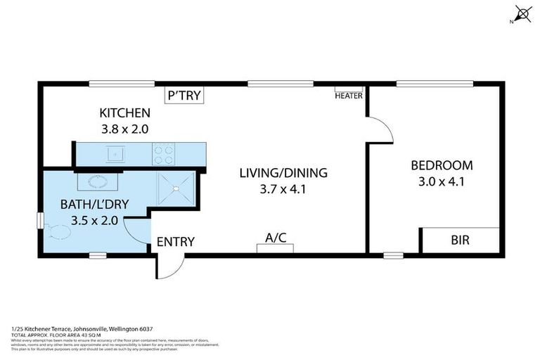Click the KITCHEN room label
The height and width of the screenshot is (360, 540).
[x=124, y=112]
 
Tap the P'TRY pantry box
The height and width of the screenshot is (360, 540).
[x=184, y=96]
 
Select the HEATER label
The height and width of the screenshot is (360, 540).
[x=348, y=96]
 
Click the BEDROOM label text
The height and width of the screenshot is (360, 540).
[x=442, y=166]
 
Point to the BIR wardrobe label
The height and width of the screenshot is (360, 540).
[x=461, y=240]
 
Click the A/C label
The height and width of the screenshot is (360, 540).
[x=276, y=238]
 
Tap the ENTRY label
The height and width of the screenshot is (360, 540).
[x=175, y=242]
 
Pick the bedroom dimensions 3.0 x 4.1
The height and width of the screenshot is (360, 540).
[x=442, y=182]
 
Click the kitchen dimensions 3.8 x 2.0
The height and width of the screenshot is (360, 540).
[x=124, y=129]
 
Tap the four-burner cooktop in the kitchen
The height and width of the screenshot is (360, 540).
[x=164, y=154]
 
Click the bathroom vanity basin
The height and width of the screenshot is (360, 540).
[x=96, y=181]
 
